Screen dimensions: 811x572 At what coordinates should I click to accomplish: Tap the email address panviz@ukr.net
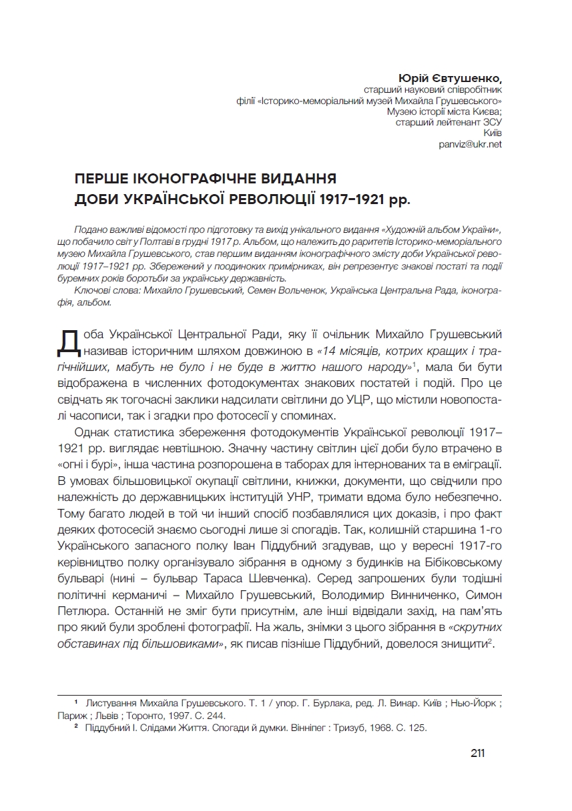(x=471, y=143)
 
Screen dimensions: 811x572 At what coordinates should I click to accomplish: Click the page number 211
(x=477, y=753)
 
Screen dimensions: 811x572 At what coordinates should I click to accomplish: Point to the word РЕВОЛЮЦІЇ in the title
(x=267, y=199)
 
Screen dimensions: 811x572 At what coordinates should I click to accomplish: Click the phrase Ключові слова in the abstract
(x=103, y=291)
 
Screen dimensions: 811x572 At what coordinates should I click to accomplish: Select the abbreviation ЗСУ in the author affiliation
(x=491, y=122)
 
